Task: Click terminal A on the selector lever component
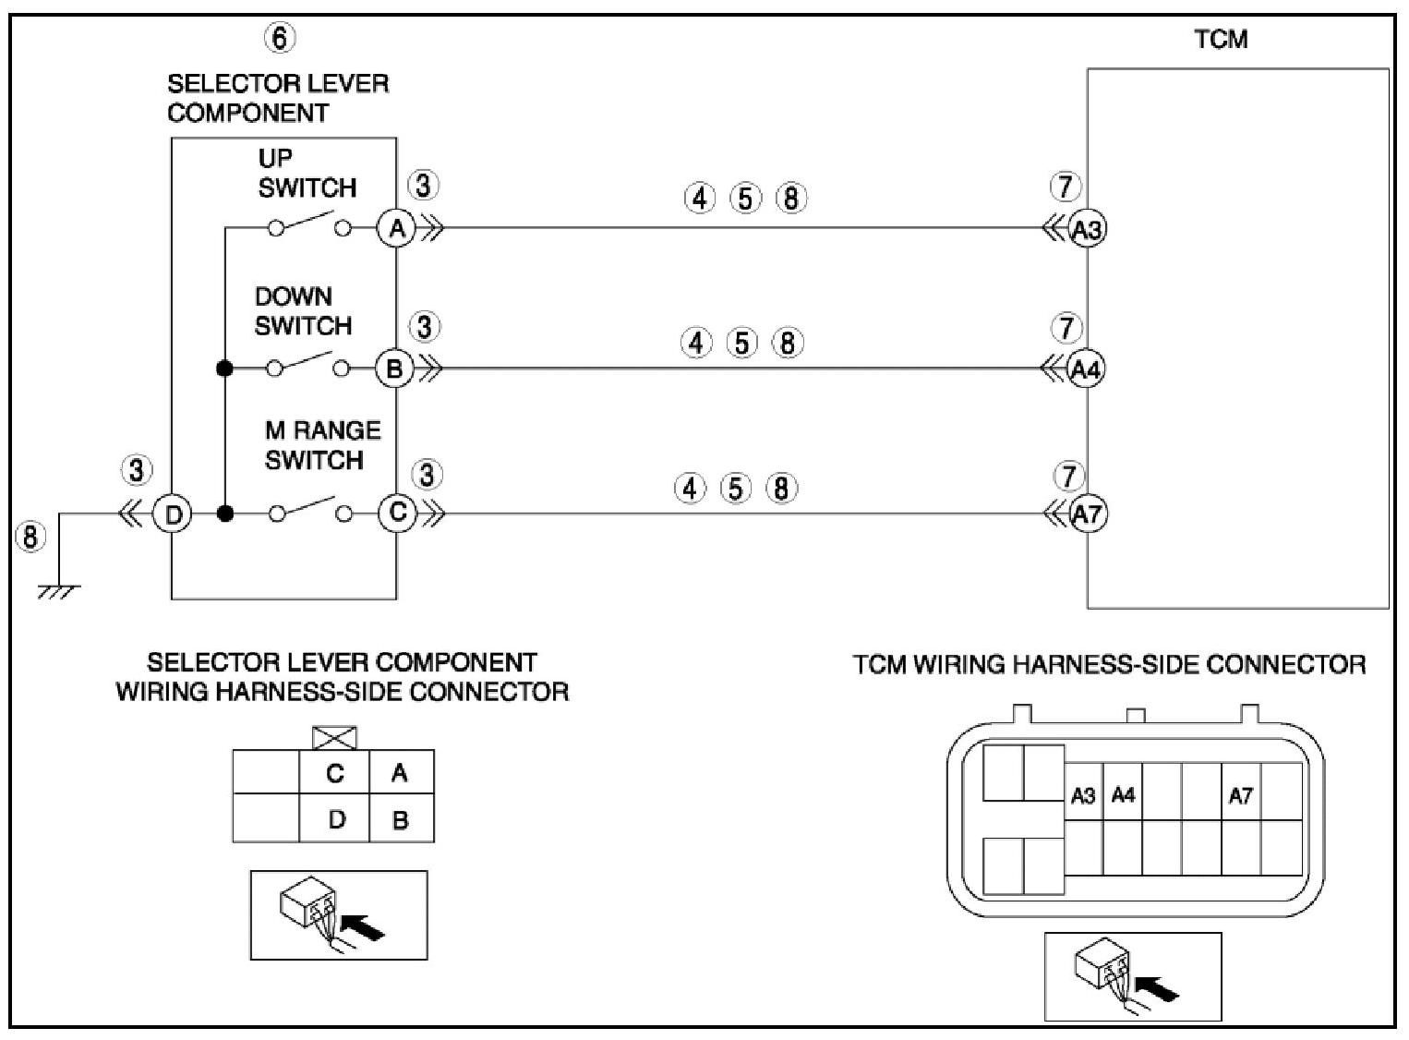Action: tap(397, 228)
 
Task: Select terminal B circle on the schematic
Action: tap(394, 369)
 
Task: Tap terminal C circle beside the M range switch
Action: tap(398, 513)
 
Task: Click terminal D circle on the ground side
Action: tap(173, 514)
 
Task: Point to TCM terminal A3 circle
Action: tap(1087, 229)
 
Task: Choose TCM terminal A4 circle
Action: tap(1086, 369)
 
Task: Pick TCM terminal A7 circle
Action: tap(1088, 514)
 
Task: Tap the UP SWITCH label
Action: tap(306, 173)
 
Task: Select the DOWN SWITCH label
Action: tap(303, 311)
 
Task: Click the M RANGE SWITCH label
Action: tap(321, 444)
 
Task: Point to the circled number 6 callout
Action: tap(280, 38)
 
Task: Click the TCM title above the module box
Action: tap(1221, 39)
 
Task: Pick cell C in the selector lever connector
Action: tap(334, 772)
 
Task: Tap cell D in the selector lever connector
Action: tap(336, 819)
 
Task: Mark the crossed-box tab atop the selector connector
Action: tap(335, 738)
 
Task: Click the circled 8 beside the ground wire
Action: tap(30, 536)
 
